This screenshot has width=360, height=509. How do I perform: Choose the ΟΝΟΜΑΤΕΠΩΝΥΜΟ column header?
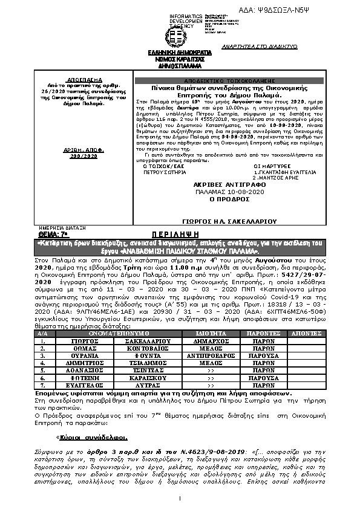pos(122,333)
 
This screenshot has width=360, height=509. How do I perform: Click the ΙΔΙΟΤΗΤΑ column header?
pos(211,333)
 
